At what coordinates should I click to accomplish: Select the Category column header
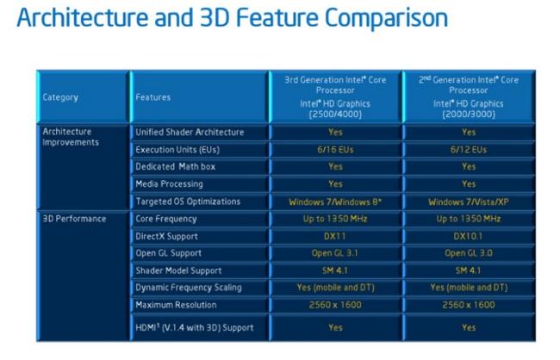(x=60, y=97)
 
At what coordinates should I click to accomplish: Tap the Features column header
(x=152, y=97)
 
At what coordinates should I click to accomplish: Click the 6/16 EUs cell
(x=335, y=149)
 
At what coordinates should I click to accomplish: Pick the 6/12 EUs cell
(x=468, y=149)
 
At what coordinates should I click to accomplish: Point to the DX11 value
(x=334, y=236)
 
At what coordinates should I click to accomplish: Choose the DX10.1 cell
(x=468, y=236)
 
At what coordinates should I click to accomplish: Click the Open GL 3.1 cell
(x=334, y=253)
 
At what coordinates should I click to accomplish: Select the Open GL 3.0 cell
(x=469, y=253)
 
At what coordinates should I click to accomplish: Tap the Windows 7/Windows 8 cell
(x=335, y=202)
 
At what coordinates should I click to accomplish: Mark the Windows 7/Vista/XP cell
(x=469, y=202)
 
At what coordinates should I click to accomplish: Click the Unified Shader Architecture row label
(x=190, y=132)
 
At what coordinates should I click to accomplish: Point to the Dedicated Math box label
(x=176, y=166)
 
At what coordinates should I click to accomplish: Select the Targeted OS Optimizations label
(x=188, y=202)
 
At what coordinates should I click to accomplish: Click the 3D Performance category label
(x=74, y=219)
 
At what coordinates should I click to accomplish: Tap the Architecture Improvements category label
(x=71, y=137)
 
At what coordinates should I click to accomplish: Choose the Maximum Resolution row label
(x=176, y=305)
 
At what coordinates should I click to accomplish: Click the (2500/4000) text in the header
(x=335, y=115)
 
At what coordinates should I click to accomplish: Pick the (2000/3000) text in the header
(x=469, y=115)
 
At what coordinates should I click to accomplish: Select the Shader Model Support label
(x=178, y=270)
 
